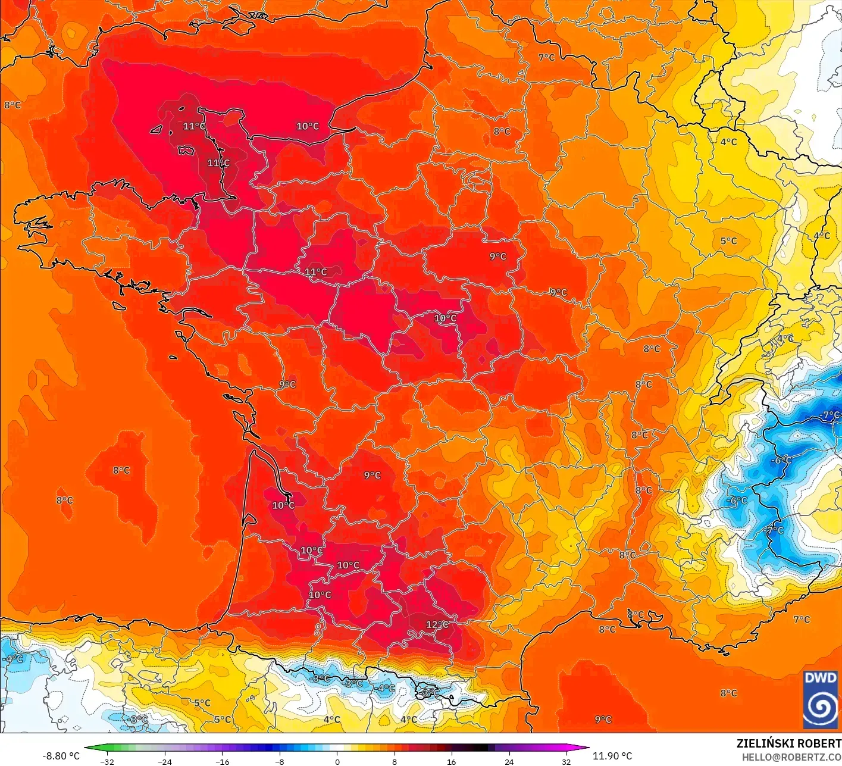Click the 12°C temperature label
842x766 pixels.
click(x=437, y=624)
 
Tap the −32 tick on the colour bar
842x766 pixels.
click(x=107, y=761)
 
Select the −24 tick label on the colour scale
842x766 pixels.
click(x=164, y=761)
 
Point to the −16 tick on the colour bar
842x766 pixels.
click(x=222, y=761)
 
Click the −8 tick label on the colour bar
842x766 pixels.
click(x=280, y=761)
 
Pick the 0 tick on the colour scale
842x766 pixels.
click(x=337, y=761)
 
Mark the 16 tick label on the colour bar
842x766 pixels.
click(x=452, y=761)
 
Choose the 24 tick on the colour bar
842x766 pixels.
click(x=509, y=761)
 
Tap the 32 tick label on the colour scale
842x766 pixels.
click(x=566, y=761)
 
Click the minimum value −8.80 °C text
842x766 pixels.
click(x=61, y=756)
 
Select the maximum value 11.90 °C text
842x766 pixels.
click(x=612, y=756)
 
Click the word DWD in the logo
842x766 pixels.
click(x=820, y=678)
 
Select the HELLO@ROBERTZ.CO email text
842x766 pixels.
click(x=791, y=756)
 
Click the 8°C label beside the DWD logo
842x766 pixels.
click(x=728, y=693)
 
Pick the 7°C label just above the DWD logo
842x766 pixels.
click(x=801, y=620)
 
